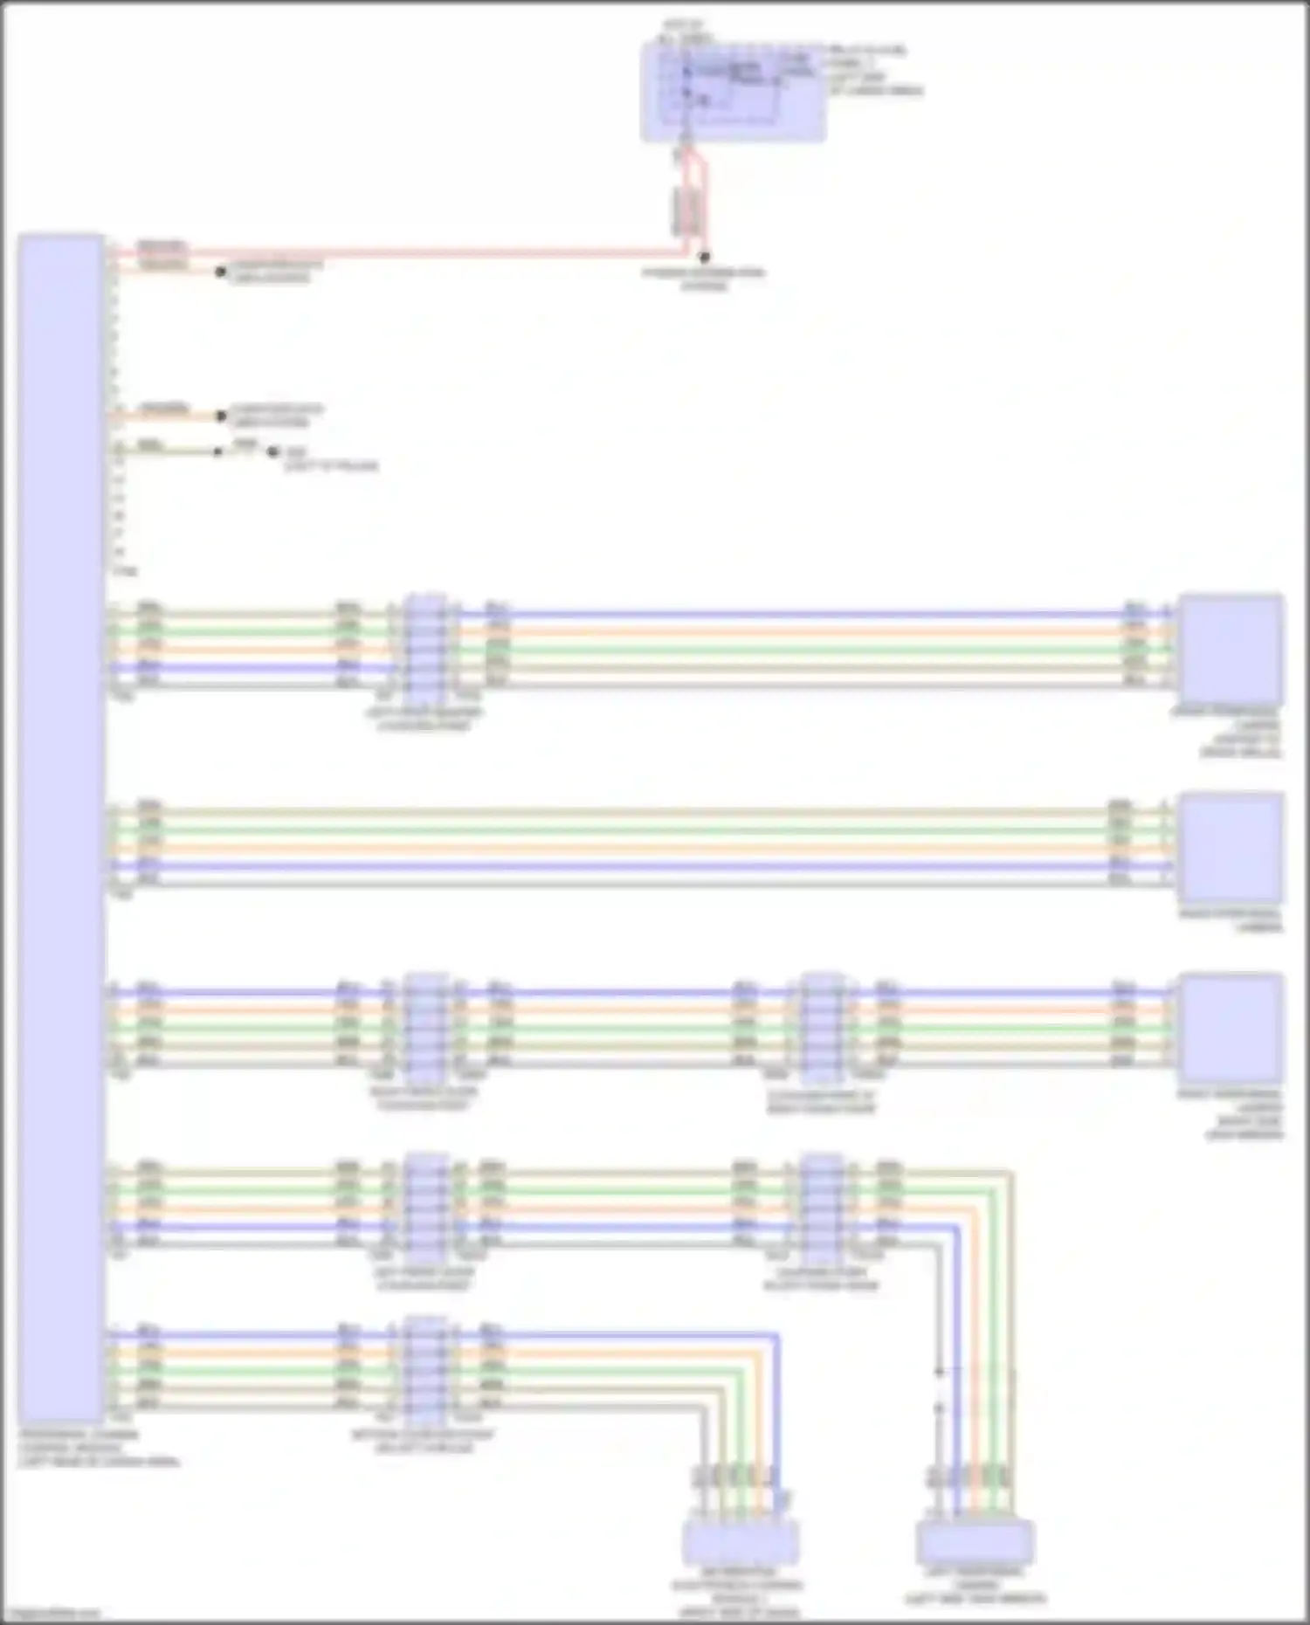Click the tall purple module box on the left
pos(61,830)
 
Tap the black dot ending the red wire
pos(705,257)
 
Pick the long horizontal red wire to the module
pos(393,253)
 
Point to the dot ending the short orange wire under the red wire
pos(221,272)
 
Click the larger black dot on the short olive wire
pos(272,452)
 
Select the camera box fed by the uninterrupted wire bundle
pos(1231,847)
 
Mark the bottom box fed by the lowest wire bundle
pos(740,1541)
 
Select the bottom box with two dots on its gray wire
pos(976,1541)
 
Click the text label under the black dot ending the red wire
pos(705,279)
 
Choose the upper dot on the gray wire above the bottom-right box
pos(940,1372)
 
